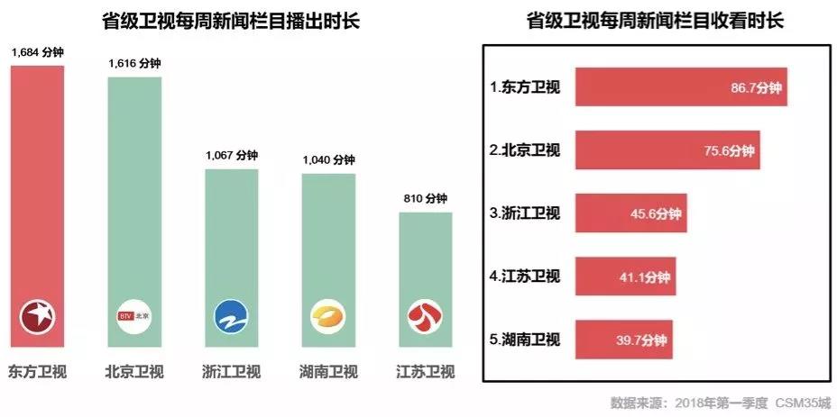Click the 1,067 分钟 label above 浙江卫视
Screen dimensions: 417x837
(x=232, y=156)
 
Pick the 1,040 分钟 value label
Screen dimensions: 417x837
(x=328, y=160)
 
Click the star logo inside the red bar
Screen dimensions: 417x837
(x=38, y=317)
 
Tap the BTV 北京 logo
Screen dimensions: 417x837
(x=134, y=317)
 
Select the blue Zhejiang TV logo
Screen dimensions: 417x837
(x=232, y=317)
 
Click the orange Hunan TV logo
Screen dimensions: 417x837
(x=328, y=317)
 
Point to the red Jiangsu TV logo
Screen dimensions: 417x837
(x=425, y=317)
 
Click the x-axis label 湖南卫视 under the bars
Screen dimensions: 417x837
(x=328, y=371)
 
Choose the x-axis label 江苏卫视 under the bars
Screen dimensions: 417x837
(x=425, y=371)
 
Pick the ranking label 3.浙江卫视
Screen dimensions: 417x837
(x=525, y=213)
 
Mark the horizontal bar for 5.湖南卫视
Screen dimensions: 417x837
(x=630, y=340)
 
